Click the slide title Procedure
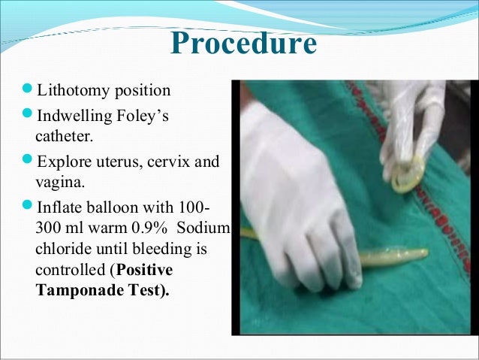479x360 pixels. pos(243,44)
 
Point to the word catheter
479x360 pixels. pos(65,138)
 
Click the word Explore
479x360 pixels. pos(62,161)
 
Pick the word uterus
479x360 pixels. pos(116,161)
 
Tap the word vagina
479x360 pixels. pos(59,182)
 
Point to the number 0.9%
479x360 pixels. pos(159,228)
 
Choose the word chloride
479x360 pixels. pos(62,249)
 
